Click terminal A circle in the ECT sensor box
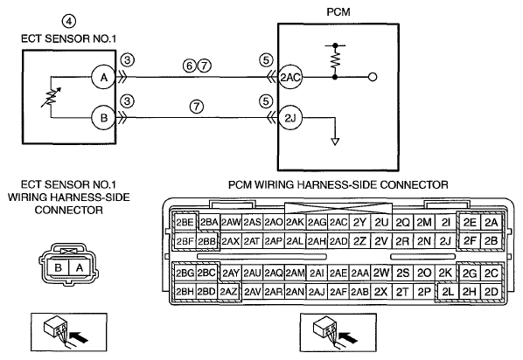coord(104,78)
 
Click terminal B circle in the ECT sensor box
coord(104,117)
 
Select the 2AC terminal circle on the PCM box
coord(290,78)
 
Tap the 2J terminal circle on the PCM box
coord(290,118)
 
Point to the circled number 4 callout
coord(69,21)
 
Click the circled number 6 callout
coord(190,66)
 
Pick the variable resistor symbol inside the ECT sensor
coord(51,97)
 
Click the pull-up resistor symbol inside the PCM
coord(335,60)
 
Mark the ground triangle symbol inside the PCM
coord(335,142)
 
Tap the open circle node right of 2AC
coord(373,78)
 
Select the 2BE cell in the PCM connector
coord(185,222)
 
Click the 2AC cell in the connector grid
coord(338,222)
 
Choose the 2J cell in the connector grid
coord(445,240)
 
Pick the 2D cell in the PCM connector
coord(491,292)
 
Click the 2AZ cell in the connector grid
coord(229,292)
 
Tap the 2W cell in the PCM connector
coord(381,273)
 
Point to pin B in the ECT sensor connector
coord(58,267)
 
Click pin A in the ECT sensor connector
coord(80,267)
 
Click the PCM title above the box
coord(338,12)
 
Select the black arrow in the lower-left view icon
coord(80,336)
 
